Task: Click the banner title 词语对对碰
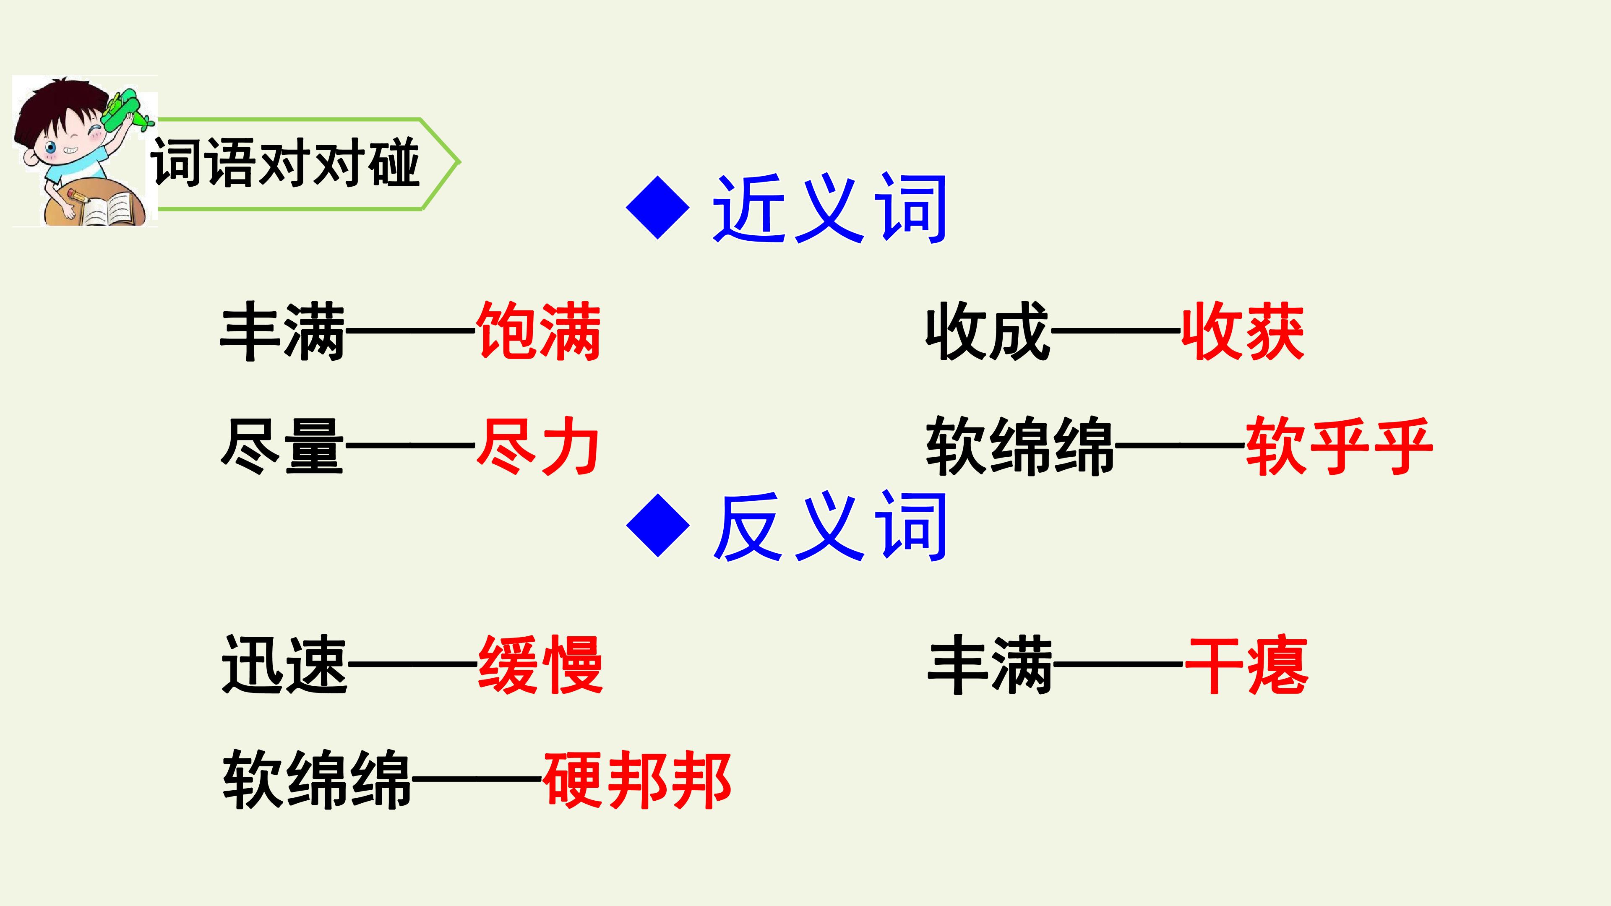(x=285, y=163)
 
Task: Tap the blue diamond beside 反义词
(x=657, y=525)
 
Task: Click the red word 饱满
(x=538, y=331)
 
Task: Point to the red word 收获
(x=1243, y=331)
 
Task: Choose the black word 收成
(x=988, y=331)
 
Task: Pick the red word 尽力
(x=538, y=446)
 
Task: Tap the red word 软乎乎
(x=1339, y=446)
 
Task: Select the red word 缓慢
(x=540, y=665)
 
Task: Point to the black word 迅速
(x=284, y=665)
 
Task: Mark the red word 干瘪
(x=1246, y=665)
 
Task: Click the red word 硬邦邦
(x=637, y=780)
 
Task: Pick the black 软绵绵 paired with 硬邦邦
(x=317, y=780)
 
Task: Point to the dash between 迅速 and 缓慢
(x=413, y=665)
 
